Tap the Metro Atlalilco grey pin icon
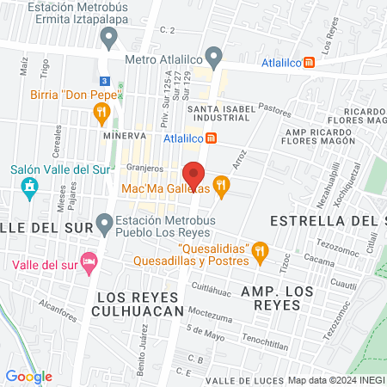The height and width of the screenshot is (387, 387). (214, 59)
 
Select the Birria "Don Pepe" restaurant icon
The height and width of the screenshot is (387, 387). (101, 110)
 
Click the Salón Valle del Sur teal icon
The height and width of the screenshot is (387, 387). (31, 187)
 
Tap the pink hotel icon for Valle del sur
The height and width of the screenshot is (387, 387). (88, 261)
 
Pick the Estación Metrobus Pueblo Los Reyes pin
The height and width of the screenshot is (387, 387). (106, 224)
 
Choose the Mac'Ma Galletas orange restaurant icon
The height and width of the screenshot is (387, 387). (222, 184)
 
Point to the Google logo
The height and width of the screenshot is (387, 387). (28, 376)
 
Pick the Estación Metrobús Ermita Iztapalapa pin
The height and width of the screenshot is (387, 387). (109, 36)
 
